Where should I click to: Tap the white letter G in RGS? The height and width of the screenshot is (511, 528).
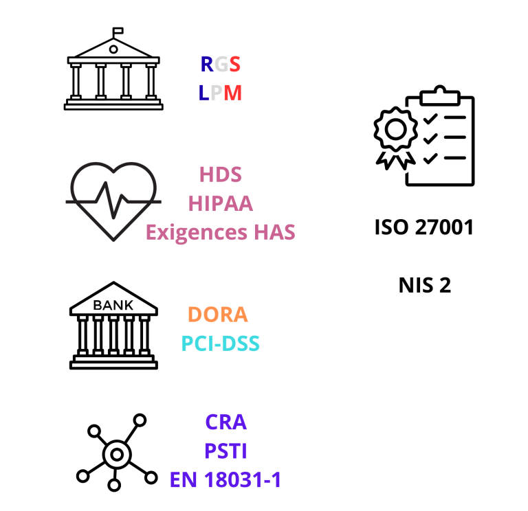click(221, 65)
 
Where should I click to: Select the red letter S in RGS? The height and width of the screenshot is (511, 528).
click(234, 65)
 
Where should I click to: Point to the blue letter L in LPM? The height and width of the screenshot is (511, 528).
click(203, 93)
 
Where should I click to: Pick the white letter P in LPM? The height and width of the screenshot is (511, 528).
click(217, 93)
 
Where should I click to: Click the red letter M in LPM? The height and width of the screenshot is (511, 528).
click(232, 93)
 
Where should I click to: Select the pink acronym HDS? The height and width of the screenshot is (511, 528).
click(221, 174)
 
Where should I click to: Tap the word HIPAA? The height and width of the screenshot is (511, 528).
click(221, 203)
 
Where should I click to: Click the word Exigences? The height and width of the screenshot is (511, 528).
click(197, 232)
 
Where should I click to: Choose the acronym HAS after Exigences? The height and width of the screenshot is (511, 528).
click(274, 232)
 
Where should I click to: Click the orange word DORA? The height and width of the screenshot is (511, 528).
click(217, 314)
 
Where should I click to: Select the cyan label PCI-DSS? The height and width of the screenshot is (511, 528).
click(221, 343)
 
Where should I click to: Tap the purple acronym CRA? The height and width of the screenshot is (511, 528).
click(225, 422)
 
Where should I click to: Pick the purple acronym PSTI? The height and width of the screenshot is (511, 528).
click(225, 451)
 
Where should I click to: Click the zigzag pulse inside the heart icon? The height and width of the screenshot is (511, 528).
click(113, 200)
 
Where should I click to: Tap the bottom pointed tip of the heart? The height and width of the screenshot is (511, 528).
click(113, 240)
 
